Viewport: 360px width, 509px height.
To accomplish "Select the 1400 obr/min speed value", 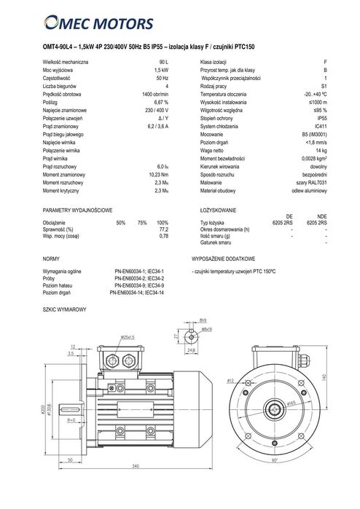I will point(155,94).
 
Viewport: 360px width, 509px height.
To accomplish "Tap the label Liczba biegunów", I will point(63,86).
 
